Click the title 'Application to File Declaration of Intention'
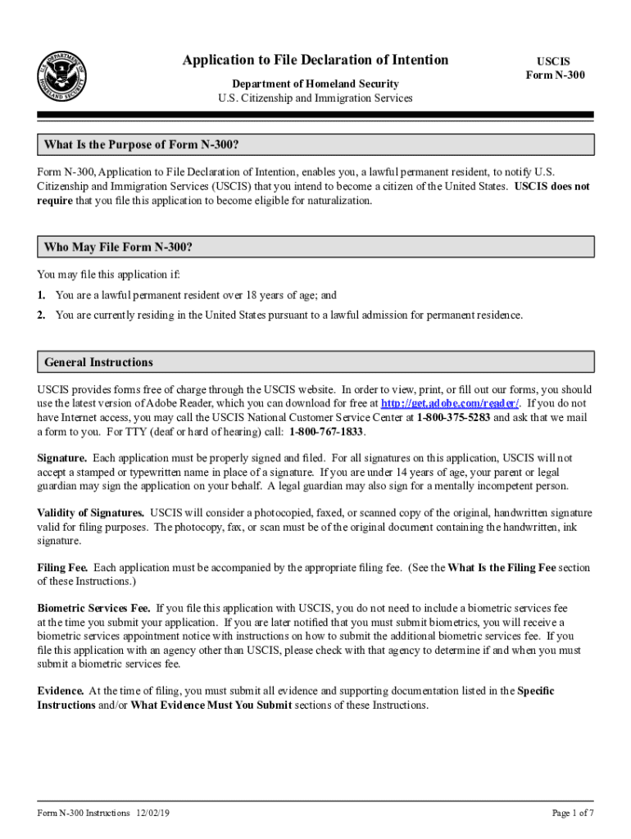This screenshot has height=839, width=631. [x=315, y=60]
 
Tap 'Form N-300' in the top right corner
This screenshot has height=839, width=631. [x=556, y=75]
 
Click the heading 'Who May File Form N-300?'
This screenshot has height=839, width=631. [x=118, y=247]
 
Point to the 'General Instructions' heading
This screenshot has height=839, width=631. [x=98, y=362]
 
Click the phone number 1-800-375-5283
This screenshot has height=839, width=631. [x=453, y=418]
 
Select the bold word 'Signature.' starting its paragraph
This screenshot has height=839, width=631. [x=62, y=458]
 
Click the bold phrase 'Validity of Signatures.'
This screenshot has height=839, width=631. [x=91, y=514]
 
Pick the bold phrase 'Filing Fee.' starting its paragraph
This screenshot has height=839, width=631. [x=63, y=568]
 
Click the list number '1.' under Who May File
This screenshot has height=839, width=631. [x=41, y=295]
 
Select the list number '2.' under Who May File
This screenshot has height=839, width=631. [x=41, y=315]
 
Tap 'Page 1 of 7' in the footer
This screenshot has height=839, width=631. [x=573, y=813]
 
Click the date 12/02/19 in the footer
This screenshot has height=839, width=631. [x=153, y=813]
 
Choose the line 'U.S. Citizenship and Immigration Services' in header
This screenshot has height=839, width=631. [x=315, y=98]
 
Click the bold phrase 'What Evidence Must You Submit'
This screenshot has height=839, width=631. [x=211, y=705]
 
